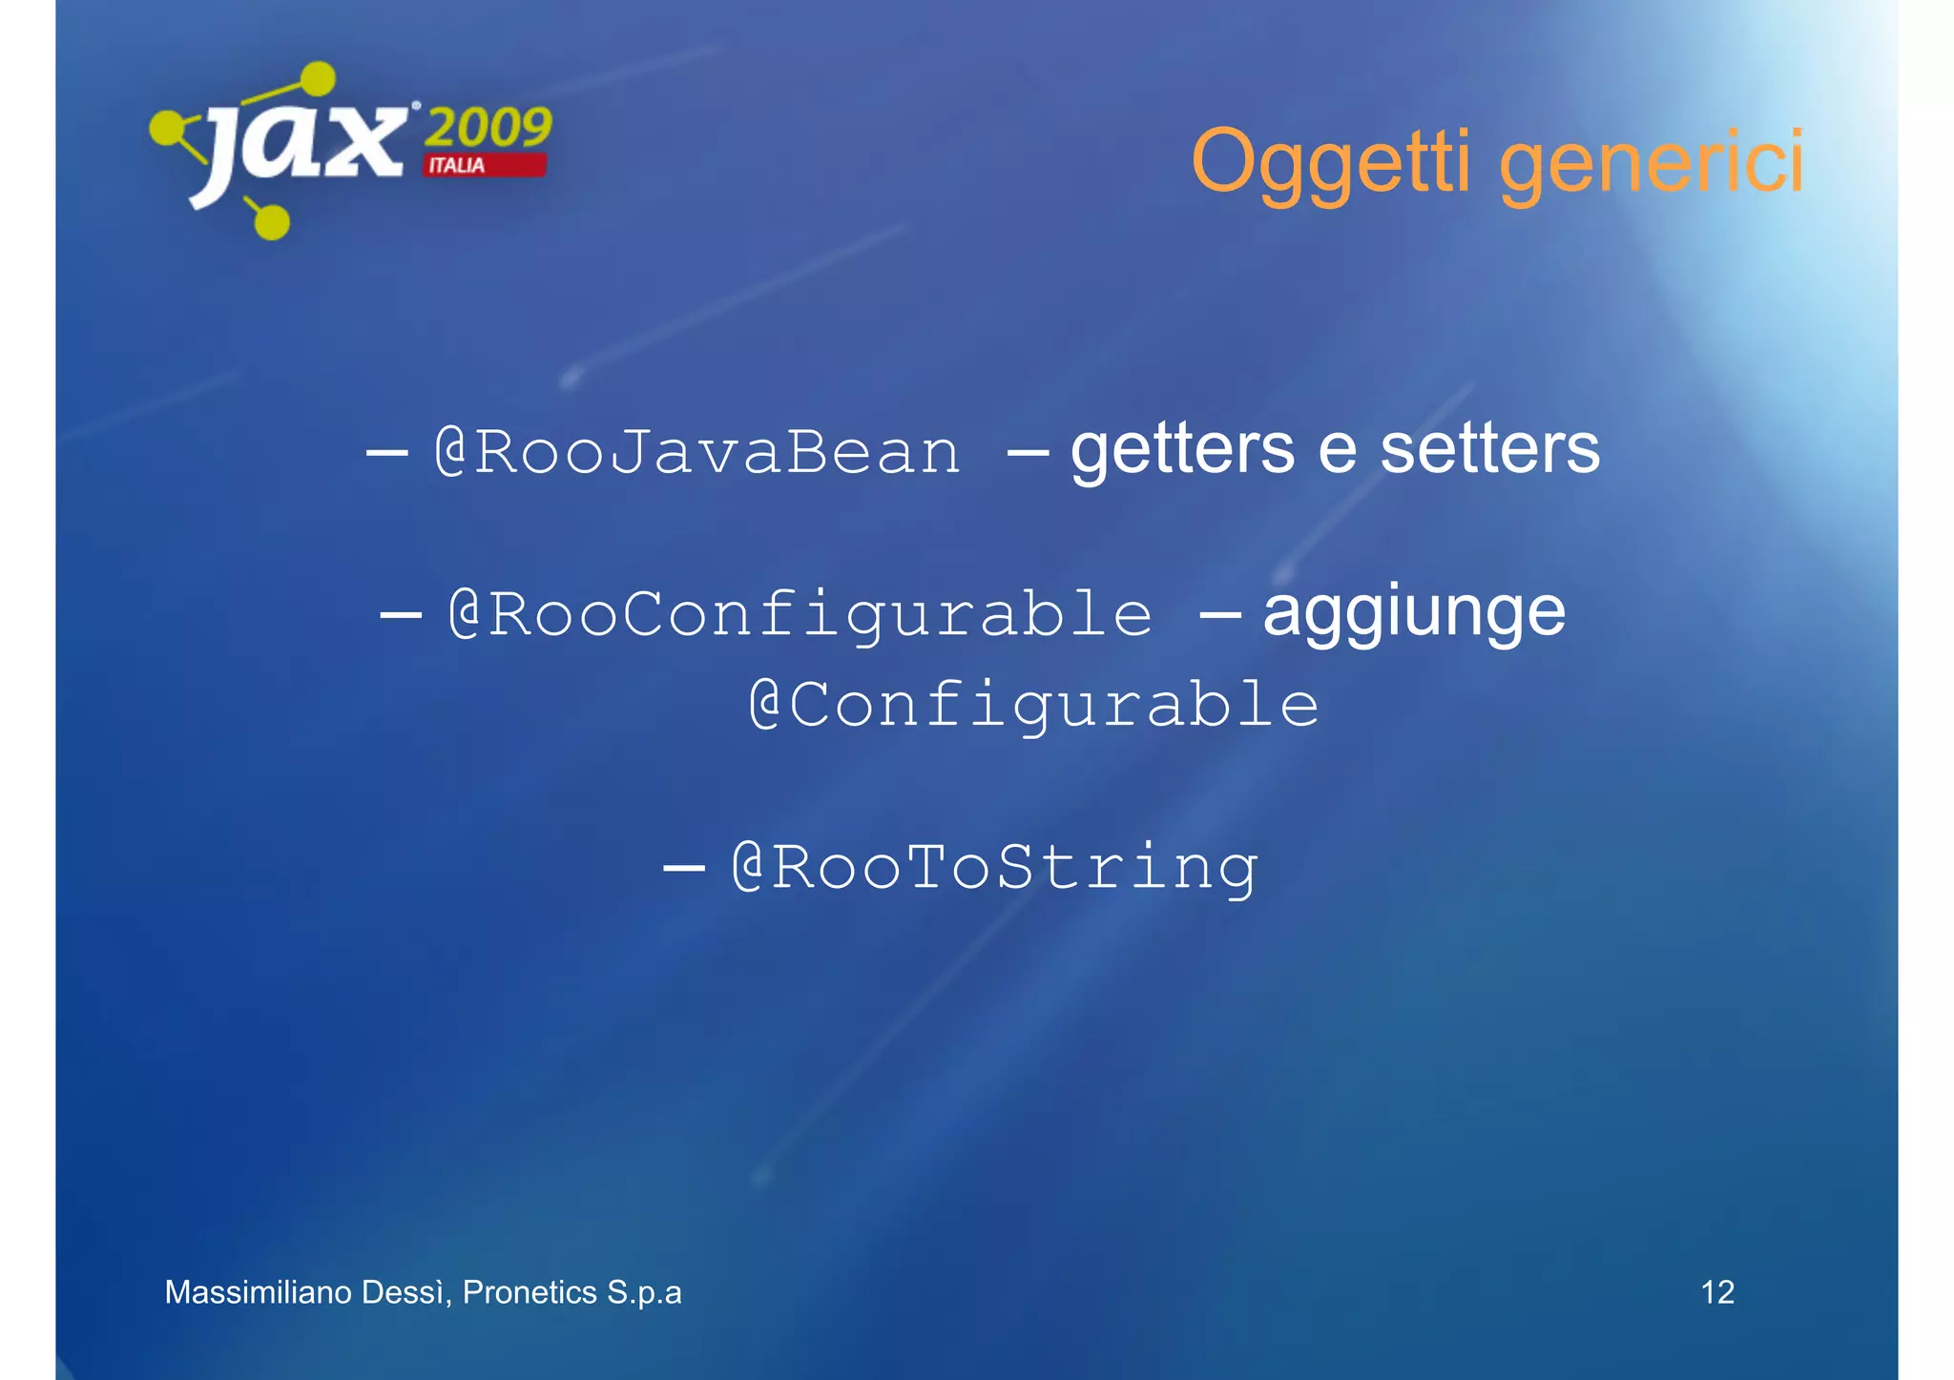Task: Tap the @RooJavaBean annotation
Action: point(696,451)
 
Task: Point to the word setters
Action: point(1489,449)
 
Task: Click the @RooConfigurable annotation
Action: point(800,613)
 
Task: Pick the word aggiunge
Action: point(1413,613)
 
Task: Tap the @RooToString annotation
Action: point(994,867)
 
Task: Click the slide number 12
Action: point(1716,1292)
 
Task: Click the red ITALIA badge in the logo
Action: point(485,165)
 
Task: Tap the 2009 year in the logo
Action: point(488,127)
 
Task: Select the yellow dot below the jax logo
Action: point(272,223)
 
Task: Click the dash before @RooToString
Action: point(683,868)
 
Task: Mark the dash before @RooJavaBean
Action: point(386,453)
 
